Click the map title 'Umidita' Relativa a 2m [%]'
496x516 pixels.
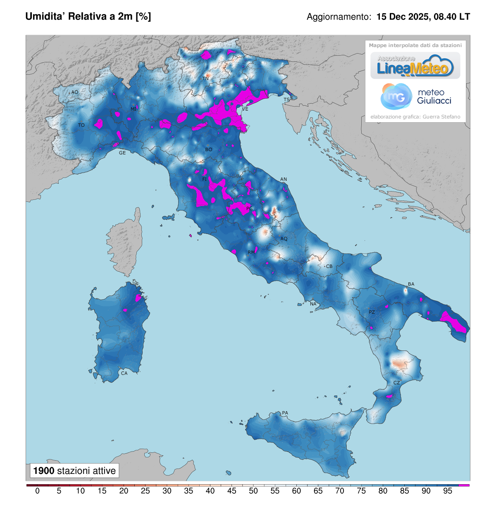[x=88, y=17]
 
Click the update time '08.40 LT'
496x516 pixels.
[x=452, y=17]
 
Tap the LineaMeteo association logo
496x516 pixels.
[x=415, y=66]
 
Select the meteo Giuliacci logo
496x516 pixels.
[x=415, y=97]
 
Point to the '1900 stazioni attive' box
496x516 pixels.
[x=74, y=471]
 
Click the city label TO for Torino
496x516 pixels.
[x=81, y=125]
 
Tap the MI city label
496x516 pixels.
[x=134, y=109]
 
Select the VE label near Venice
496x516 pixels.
[x=245, y=109]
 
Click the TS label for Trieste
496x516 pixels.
[x=286, y=100]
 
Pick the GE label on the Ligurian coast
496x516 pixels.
[x=122, y=153]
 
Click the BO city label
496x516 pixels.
[x=209, y=149]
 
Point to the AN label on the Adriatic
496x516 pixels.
[x=284, y=179]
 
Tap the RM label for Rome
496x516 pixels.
[x=251, y=252]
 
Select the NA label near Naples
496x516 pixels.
[x=313, y=304]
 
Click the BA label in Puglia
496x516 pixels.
[x=411, y=284]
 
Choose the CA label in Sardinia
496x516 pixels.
[x=124, y=373]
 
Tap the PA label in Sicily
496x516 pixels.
[x=285, y=413]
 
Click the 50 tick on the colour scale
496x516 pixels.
[x=253, y=491]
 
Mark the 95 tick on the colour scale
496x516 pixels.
[x=448, y=491]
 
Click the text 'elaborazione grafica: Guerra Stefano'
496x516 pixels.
[x=415, y=117]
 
